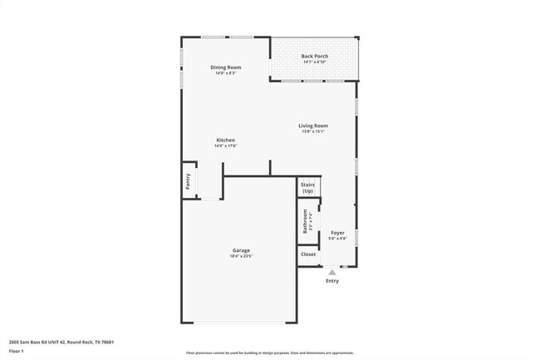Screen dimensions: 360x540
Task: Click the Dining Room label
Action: tap(226, 67)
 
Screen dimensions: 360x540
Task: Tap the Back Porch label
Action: tap(314, 57)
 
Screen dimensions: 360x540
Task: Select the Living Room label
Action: tap(313, 126)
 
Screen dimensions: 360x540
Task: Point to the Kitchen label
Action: tap(225, 140)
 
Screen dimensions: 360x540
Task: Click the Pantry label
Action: tap(188, 182)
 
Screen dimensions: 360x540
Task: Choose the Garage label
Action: tap(241, 250)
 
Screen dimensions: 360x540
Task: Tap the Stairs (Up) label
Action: tap(307, 188)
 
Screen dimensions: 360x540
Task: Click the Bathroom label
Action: tap(305, 220)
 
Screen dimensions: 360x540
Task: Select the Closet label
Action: tap(307, 254)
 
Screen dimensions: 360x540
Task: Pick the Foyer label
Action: tap(337, 233)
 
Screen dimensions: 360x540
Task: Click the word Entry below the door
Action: tap(332, 281)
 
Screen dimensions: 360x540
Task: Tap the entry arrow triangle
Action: tap(332, 272)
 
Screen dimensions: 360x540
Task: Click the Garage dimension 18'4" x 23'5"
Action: tap(241, 256)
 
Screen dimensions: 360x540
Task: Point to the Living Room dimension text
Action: tap(313, 131)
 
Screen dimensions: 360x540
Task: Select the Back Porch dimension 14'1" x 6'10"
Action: tap(314, 62)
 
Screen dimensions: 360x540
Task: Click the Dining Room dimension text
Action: tap(226, 73)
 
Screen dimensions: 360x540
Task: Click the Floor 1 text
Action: tap(17, 352)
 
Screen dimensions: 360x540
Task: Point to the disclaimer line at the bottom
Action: tap(269, 353)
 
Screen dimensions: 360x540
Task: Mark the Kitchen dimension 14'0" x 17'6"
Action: tap(225, 145)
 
